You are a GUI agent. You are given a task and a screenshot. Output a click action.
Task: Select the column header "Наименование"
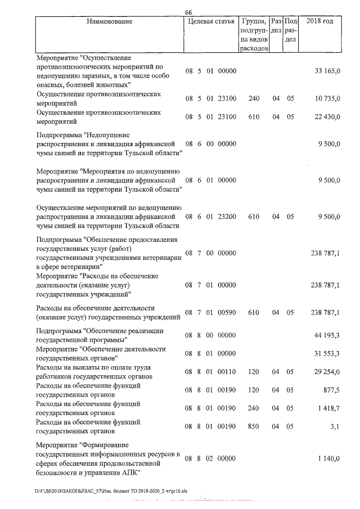(x=110, y=21)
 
